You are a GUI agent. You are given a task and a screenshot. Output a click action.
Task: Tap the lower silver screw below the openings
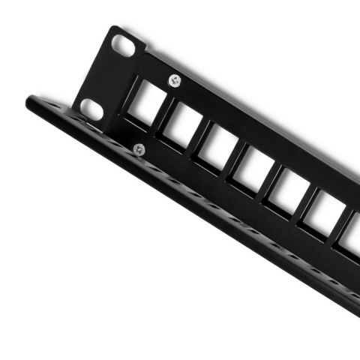(139, 149)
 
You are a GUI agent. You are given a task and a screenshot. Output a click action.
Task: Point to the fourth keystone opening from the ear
(251, 166)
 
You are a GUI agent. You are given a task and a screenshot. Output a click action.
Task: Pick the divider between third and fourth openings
(232, 155)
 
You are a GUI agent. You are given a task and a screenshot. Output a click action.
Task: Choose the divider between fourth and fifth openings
(268, 178)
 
